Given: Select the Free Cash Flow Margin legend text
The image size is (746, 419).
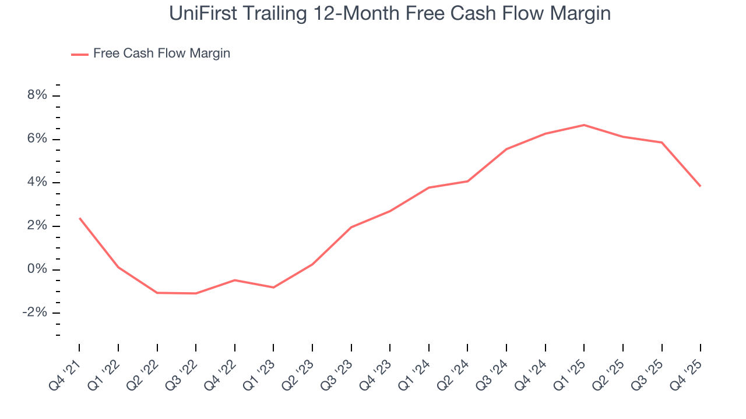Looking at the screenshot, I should tap(161, 54).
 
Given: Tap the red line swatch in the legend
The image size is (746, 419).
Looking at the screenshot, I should tap(79, 54).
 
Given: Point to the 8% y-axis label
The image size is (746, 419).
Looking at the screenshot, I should tap(37, 95).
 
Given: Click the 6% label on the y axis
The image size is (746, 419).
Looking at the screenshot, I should tap(37, 139).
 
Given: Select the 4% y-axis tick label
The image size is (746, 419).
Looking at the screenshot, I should tap(37, 183).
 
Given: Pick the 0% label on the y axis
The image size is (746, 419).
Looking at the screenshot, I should tap(37, 269).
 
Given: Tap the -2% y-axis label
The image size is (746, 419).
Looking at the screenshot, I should tap(34, 313).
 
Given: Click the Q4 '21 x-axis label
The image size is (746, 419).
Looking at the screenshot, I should tap(68, 371).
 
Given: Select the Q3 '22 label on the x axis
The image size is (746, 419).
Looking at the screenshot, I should tap(184, 371).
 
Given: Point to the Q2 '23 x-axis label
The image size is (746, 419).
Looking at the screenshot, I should tap(301, 371).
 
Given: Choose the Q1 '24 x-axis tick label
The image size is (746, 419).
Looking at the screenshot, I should tap(417, 371).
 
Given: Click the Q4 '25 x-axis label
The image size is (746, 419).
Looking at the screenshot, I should tap(689, 371).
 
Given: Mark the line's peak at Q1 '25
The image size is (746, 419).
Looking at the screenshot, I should tap(584, 125).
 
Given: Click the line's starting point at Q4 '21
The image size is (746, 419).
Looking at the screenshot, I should tap(79, 218).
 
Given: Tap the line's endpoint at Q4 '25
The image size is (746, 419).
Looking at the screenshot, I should tap(700, 186).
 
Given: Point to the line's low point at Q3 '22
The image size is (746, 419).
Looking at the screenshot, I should tap(196, 293).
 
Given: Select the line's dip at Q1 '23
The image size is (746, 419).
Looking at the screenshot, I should tap(273, 287).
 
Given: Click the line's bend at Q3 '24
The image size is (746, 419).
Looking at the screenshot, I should tap(506, 149).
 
